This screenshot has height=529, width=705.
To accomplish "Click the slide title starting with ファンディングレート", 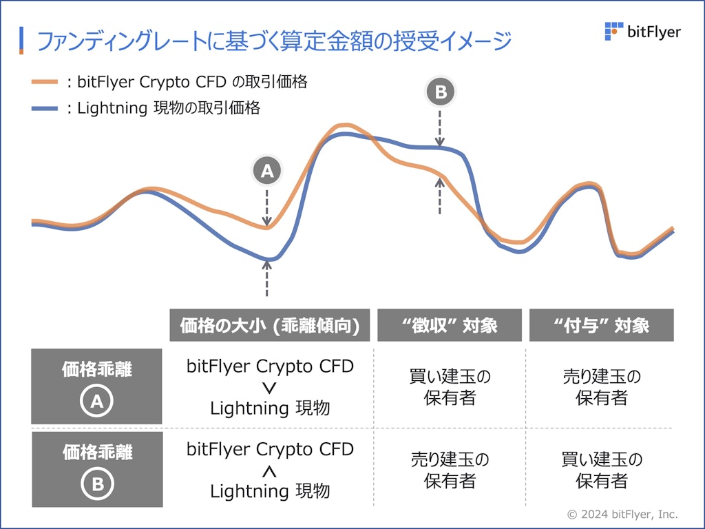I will pos(274,41).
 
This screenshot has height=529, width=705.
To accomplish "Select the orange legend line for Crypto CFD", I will pos(45,83).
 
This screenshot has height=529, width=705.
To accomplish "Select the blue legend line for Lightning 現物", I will pos(45,109).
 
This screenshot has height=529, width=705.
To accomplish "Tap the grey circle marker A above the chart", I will pos(267,172).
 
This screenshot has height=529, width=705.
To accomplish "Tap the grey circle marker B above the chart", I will pos(441,92).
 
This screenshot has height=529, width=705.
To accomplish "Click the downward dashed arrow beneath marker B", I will pos(441,128).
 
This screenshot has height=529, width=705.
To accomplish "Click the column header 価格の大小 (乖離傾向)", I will pos(270,326).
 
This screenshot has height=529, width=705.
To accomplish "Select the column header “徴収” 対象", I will pos(450,326).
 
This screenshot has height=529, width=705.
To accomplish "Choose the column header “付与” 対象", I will pos(601,326).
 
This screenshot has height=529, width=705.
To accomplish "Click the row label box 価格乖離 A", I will pos(96,386).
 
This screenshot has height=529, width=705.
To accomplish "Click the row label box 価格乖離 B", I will pos(97,469).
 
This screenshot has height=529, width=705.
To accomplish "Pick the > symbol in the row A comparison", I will pos(270,387).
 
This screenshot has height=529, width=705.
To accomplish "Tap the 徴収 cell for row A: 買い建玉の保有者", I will pos(450,387).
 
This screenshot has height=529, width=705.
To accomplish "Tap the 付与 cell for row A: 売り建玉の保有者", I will pos(601,387).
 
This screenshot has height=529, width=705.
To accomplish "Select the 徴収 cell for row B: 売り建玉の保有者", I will pos(450,470).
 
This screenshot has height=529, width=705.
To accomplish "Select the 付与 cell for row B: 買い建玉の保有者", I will pos(601,470).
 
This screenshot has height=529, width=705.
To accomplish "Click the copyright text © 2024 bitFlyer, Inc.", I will pos(622,514).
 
